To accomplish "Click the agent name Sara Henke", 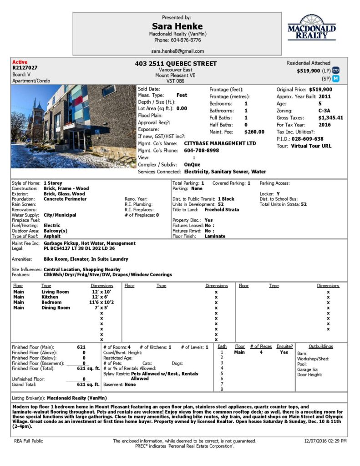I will tap(177, 26).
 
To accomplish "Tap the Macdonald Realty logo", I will tap(311, 28).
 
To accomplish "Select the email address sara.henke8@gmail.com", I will tap(177, 51).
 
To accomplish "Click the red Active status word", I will tap(20, 62).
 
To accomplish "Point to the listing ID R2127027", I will tap(25, 68).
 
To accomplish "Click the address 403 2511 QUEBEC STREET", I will tap(176, 64).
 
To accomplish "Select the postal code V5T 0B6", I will tap(175, 81).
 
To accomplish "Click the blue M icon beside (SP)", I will tap(336, 79).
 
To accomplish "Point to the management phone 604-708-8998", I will tap(201, 150).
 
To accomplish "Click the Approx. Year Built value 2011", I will tap(325, 96).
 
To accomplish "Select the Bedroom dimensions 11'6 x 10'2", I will tap(100, 302).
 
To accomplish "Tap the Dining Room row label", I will tap(56, 308).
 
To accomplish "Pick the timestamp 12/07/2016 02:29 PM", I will tap(325, 441).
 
